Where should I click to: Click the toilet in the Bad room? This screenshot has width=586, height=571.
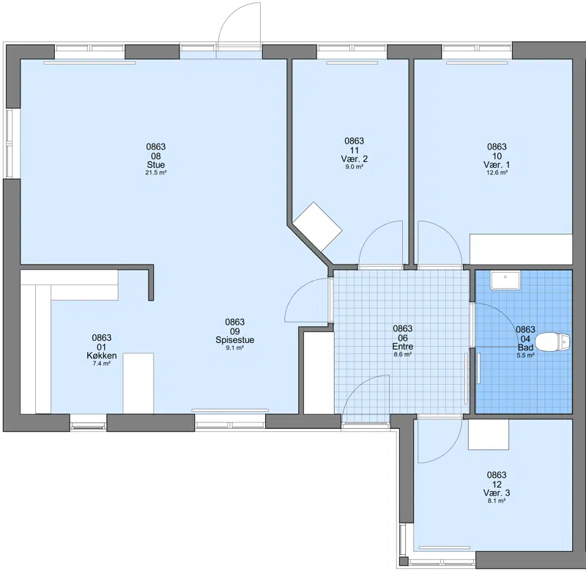(x=552, y=342)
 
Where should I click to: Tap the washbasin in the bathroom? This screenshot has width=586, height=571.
(x=505, y=280)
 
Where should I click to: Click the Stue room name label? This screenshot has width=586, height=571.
(x=156, y=164)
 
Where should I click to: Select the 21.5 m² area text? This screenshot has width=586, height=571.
(x=156, y=173)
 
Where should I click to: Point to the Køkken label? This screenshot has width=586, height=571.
(x=102, y=356)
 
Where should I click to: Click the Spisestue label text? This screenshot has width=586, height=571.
(x=234, y=340)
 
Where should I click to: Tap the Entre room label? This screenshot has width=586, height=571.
(x=402, y=347)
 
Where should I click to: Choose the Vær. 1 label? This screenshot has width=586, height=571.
(x=497, y=164)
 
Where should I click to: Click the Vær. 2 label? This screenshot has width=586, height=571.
(x=354, y=159)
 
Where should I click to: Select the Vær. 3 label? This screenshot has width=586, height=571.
(x=497, y=493)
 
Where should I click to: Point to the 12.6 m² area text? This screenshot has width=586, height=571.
(x=497, y=173)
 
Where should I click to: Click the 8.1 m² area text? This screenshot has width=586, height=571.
(x=497, y=501)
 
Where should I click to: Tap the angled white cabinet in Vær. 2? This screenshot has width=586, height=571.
(x=317, y=227)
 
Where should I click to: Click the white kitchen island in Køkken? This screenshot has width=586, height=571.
(x=138, y=383)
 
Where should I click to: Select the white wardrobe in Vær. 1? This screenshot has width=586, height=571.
(x=521, y=249)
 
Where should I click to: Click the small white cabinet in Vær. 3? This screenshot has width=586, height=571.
(x=489, y=435)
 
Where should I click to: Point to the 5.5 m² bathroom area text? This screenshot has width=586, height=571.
(x=525, y=356)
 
